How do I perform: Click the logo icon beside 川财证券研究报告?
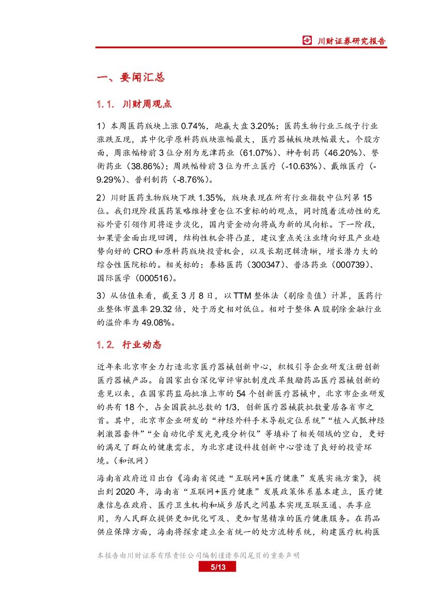[307, 41]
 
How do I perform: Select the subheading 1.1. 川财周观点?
[134, 104]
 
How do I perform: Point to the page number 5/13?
[217, 567]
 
